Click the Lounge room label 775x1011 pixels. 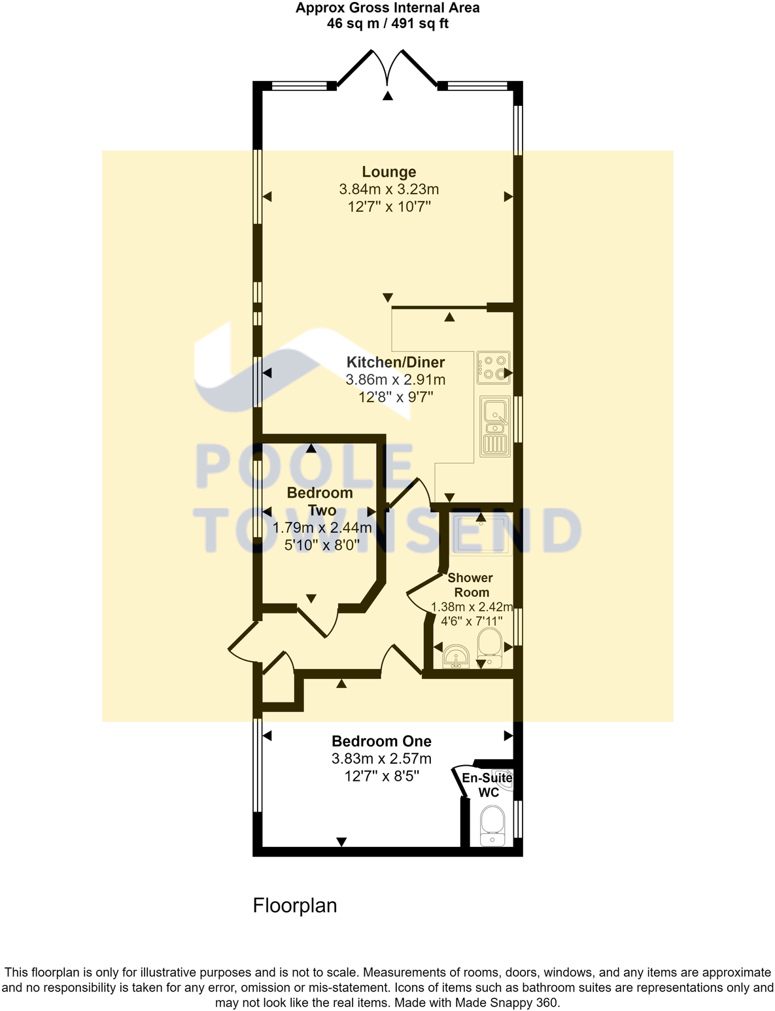click(389, 172)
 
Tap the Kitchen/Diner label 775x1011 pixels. click(396, 362)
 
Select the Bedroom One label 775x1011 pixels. click(381, 741)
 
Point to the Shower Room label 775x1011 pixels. click(471, 585)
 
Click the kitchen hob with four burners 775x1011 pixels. click(493, 368)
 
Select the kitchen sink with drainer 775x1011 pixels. click(494, 425)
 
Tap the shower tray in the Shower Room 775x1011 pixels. click(481, 535)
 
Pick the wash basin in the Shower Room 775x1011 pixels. click(456, 655)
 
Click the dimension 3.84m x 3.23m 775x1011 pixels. click(388, 190)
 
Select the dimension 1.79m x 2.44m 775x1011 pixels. click(322, 528)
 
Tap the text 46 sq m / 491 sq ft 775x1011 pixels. click(387, 24)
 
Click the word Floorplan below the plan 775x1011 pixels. click(295, 906)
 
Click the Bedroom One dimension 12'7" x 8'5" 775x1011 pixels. click(381, 776)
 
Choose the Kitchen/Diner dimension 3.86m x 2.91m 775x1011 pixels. click(396, 379)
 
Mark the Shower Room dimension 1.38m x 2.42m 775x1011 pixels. click(472, 607)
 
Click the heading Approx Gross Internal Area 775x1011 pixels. click(387, 8)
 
